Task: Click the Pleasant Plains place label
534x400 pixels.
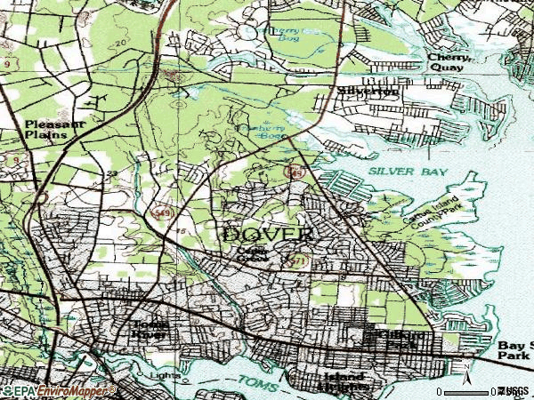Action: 55,130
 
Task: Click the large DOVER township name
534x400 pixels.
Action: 267,235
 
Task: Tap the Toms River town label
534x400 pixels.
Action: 149,331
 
